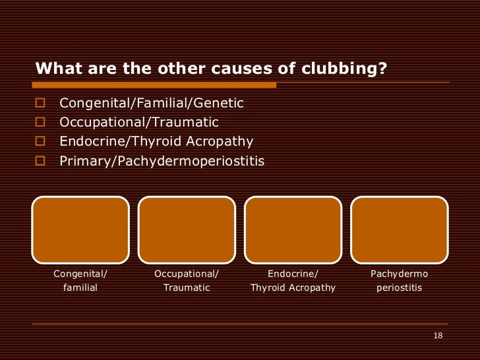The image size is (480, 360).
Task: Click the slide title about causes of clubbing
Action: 210,69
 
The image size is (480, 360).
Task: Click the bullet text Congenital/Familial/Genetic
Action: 152,103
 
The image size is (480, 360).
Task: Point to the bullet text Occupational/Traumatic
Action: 138,122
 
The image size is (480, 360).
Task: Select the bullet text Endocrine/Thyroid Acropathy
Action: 156,141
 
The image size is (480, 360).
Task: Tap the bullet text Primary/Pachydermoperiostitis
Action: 162,160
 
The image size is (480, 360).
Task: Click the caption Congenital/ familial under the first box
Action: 80,281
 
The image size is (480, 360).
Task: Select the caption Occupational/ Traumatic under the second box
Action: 187,281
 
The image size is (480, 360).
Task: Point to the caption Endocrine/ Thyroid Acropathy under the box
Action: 293,281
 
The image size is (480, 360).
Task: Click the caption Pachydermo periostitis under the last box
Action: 399,281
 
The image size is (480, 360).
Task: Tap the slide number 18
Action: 438,336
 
